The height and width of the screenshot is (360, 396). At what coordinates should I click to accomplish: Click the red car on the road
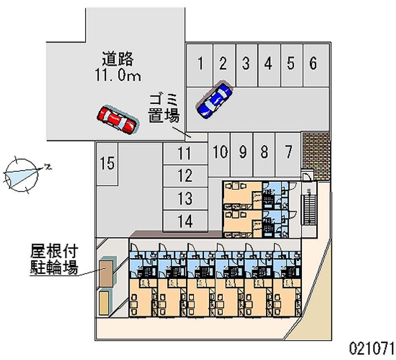coord(117,119)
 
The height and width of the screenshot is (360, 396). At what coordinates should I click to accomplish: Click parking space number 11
coord(185,154)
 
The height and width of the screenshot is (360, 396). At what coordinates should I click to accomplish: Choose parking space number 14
coord(185,221)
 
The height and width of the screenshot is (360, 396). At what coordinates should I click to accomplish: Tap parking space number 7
coord(288,152)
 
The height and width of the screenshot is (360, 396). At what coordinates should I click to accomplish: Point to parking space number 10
coord(220,152)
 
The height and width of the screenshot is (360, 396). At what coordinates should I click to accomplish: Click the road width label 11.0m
coord(118,76)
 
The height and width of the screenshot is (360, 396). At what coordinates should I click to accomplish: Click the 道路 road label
coord(118,59)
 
